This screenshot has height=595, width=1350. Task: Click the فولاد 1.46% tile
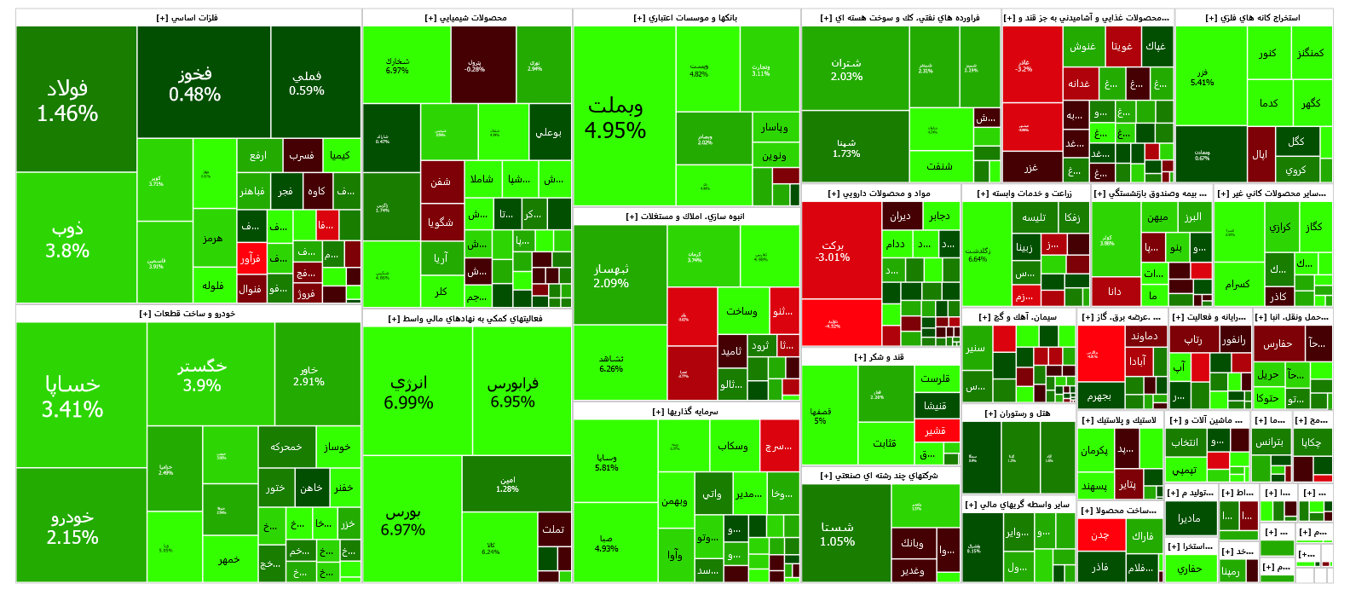68,101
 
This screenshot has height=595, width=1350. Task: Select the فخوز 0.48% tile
195,84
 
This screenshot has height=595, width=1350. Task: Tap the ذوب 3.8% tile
68,240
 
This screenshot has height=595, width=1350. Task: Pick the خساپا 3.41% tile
73,396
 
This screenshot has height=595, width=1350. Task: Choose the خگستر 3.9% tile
202,375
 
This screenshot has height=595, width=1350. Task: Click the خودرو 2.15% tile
73,527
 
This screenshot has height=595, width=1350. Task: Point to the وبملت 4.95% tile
615,118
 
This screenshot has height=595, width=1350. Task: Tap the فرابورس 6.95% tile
513,392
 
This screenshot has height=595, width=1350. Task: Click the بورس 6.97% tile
403,521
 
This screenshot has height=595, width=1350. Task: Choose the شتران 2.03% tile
846,69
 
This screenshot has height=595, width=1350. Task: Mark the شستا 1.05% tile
838,534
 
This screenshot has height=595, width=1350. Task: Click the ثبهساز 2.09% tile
611,275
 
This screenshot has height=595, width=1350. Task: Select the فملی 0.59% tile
307,83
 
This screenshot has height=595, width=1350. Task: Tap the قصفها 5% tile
820,415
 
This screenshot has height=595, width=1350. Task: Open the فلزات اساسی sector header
187,18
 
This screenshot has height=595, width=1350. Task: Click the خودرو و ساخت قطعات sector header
187,314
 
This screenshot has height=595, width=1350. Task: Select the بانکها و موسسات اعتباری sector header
686,18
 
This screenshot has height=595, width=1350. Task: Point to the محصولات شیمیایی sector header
466,18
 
